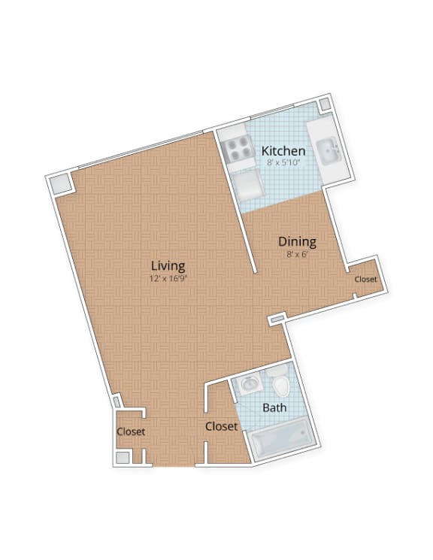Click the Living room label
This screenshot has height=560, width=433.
click(x=168, y=265)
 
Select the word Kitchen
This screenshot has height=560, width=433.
click(x=283, y=151)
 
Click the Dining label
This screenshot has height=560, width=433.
click(x=297, y=242)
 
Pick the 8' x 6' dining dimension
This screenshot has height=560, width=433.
click(x=297, y=254)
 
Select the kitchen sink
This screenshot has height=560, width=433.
click(x=329, y=153)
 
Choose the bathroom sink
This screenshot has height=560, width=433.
click(x=249, y=385)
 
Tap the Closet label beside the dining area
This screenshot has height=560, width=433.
click(x=365, y=280)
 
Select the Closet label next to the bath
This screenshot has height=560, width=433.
click(x=221, y=426)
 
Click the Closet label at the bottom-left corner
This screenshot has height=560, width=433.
click(x=130, y=431)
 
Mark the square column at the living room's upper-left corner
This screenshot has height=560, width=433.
click(x=61, y=184)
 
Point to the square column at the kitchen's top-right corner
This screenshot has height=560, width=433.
click(x=324, y=104)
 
